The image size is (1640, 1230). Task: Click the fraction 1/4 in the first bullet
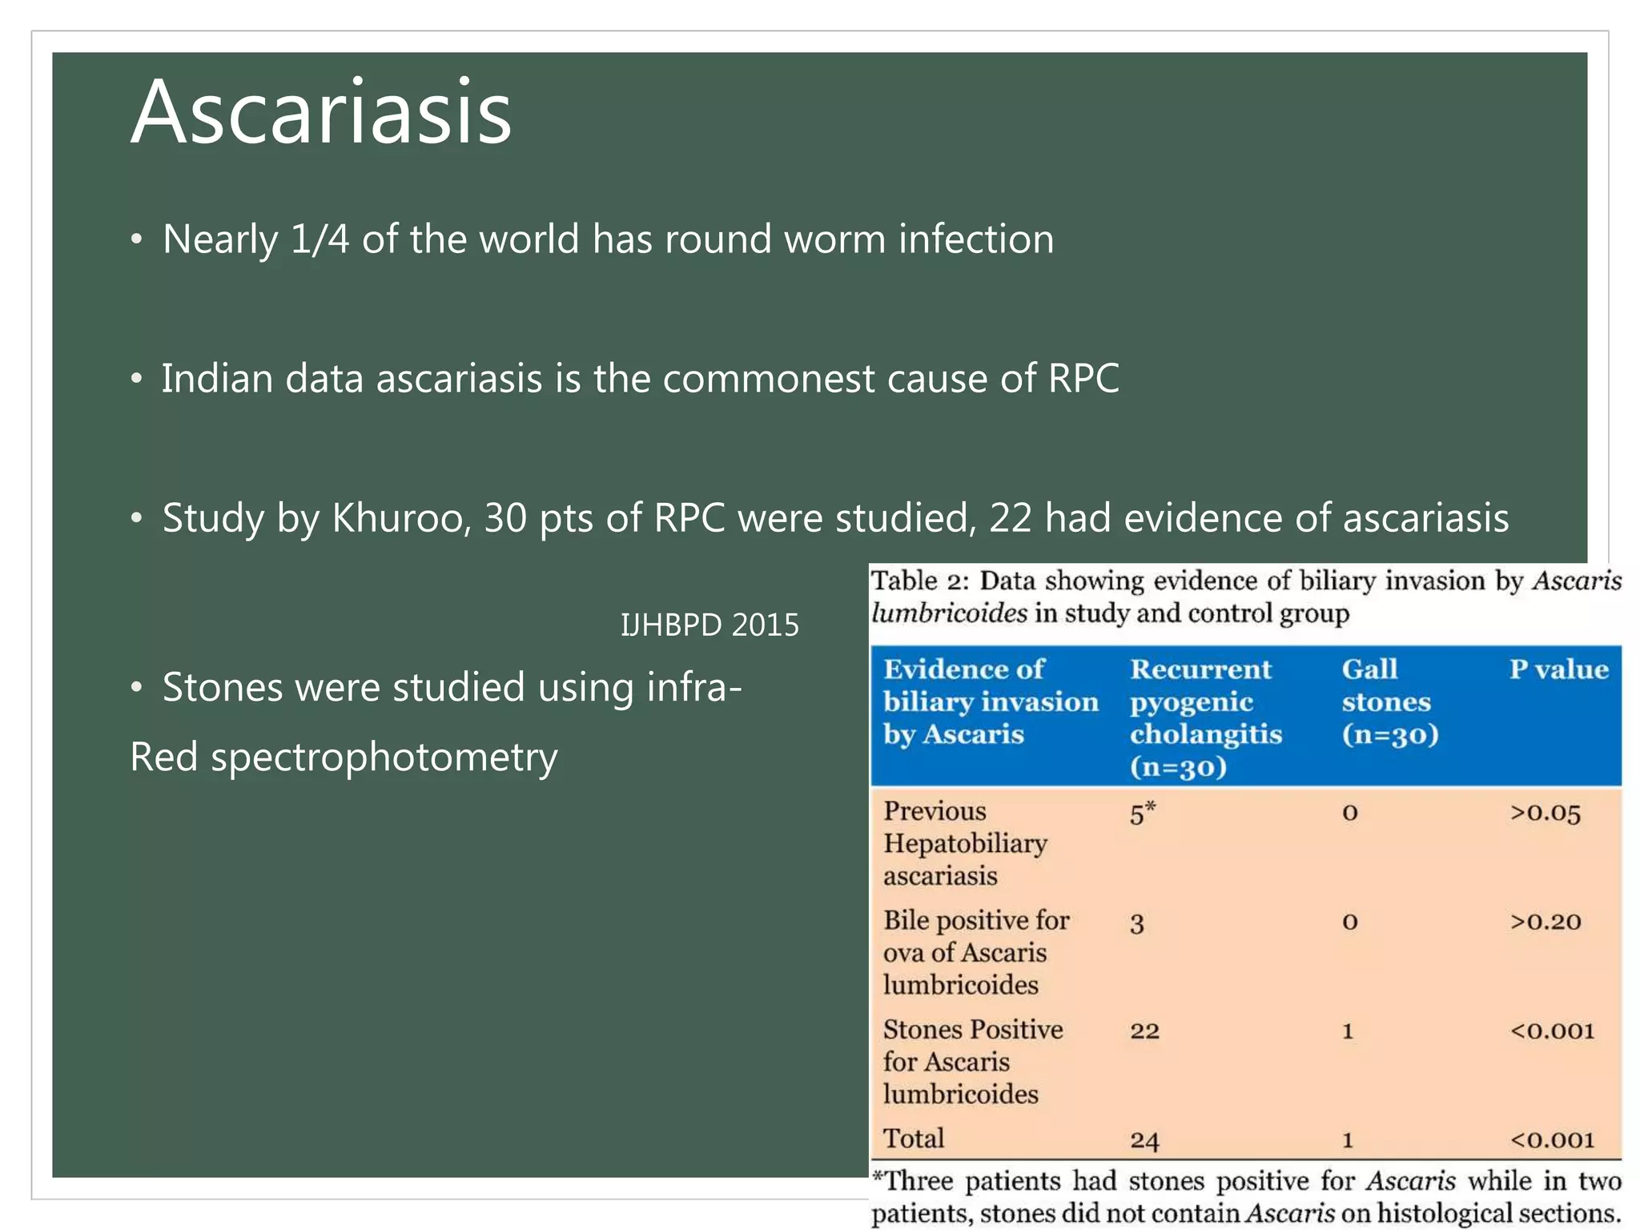click(x=320, y=239)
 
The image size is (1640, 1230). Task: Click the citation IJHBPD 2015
click(x=709, y=625)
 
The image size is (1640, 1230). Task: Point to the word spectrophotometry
click(x=384, y=758)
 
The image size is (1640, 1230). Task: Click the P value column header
click(x=1558, y=669)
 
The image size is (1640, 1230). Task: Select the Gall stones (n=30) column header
click(x=1389, y=702)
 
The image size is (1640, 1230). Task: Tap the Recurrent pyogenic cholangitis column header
click(x=1205, y=717)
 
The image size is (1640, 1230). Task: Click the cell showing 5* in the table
click(x=1143, y=814)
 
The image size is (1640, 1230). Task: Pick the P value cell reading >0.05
click(x=1545, y=814)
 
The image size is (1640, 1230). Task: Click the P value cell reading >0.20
click(x=1545, y=922)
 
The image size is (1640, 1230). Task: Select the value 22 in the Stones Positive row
click(x=1144, y=1031)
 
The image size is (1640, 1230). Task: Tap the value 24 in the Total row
click(x=1144, y=1140)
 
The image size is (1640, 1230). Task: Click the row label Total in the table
click(x=913, y=1139)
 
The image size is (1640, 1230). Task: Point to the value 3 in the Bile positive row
click(x=1136, y=924)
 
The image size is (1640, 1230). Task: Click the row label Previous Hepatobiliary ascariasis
click(x=965, y=844)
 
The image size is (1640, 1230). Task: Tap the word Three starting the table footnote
click(x=919, y=1182)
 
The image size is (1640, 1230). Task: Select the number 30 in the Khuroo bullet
click(x=505, y=518)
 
